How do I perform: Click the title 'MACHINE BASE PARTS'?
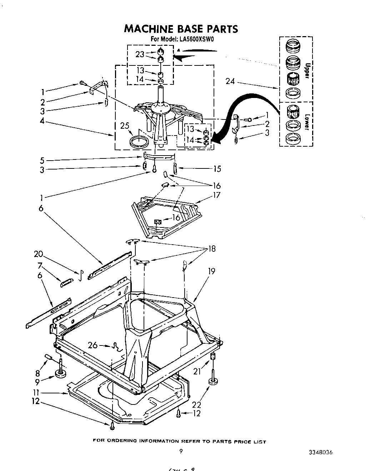tap(181, 29)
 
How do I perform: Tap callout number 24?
tap(230, 82)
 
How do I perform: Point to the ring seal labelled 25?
tap(139, 141)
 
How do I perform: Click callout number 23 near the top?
tap(140, 54)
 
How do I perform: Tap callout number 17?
tap(216, 195)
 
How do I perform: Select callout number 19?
tap(211, 271)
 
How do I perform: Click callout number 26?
tap(92, 345)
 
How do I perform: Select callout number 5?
tap(42, 160)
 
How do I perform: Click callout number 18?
tap(212, 249)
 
